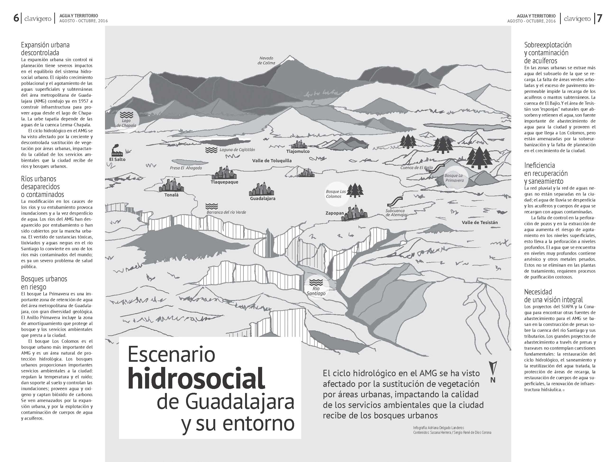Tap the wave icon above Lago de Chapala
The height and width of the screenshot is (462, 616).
pyautogui.click(x=126, y=114)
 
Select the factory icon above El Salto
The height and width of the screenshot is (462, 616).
pyautogui.click(x=117, y=150)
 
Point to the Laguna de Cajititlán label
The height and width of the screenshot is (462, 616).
pyautogui.click(x=237, y=150)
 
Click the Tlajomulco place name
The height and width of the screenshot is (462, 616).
pyautogui.click(x=298, y=151)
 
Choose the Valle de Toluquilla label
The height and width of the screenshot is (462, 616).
pyautogui.click(x=272, y=161)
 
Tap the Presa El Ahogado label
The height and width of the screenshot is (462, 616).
pyautogui.click(x=186, y=168)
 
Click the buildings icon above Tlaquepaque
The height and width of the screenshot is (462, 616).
pyautogui.click(x=224, y=173)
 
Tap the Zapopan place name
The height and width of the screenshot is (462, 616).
pyautogui.click(x=335, y=213)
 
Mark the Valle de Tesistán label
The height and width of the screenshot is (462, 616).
pyautogui.click(x=479, y=223)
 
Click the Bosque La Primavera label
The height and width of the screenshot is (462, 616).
pyautogui.click(x=454, y=178)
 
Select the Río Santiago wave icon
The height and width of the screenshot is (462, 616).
pyautogui.click(x=315, y=282)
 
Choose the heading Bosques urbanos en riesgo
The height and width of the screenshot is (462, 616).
pyautogui.click(x=44, y=283)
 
